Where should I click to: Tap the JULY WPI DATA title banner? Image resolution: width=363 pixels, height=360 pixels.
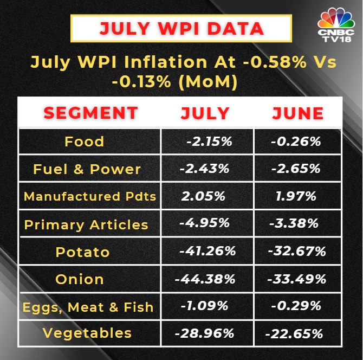pos(181,28)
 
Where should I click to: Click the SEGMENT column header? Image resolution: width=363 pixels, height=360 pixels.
pos(90,113)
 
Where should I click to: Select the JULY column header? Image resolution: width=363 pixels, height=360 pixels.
pos(205,113)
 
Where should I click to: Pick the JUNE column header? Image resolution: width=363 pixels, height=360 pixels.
pos(297,113)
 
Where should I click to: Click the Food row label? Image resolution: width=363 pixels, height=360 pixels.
pos(84,142)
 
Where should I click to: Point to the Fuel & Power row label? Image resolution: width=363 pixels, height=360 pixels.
pos(87,169)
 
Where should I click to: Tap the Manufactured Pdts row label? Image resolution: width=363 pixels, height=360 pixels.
pos(90,196)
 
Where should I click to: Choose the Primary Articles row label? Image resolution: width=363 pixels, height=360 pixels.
pos(86,224)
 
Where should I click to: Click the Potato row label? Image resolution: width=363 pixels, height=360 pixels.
pos(82,252)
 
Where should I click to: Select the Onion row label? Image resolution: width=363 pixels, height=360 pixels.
pos(80,280)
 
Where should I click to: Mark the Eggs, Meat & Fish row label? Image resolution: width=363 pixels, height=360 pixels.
pos(88,307)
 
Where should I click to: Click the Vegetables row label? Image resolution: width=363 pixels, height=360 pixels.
pos(87,333)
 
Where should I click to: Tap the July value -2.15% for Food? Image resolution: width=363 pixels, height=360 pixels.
pos(209,142)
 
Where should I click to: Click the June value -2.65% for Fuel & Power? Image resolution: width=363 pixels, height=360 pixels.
pos(296,169)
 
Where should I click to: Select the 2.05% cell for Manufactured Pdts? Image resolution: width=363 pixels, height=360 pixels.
pos(203,196)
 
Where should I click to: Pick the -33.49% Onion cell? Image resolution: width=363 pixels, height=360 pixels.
pos(297,280)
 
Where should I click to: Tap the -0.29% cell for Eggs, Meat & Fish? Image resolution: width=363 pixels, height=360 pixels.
pos(296,306)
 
